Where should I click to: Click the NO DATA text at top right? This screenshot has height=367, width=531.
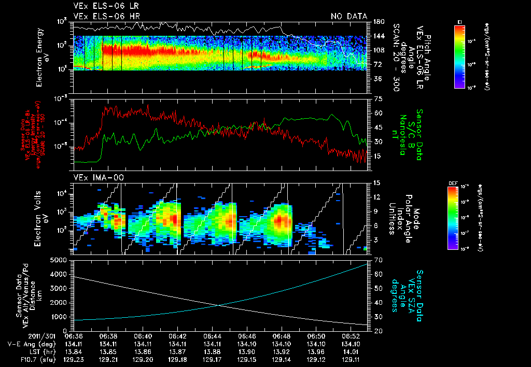tap(349, 16)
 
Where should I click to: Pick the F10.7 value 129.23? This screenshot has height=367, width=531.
tap(73, 359)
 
